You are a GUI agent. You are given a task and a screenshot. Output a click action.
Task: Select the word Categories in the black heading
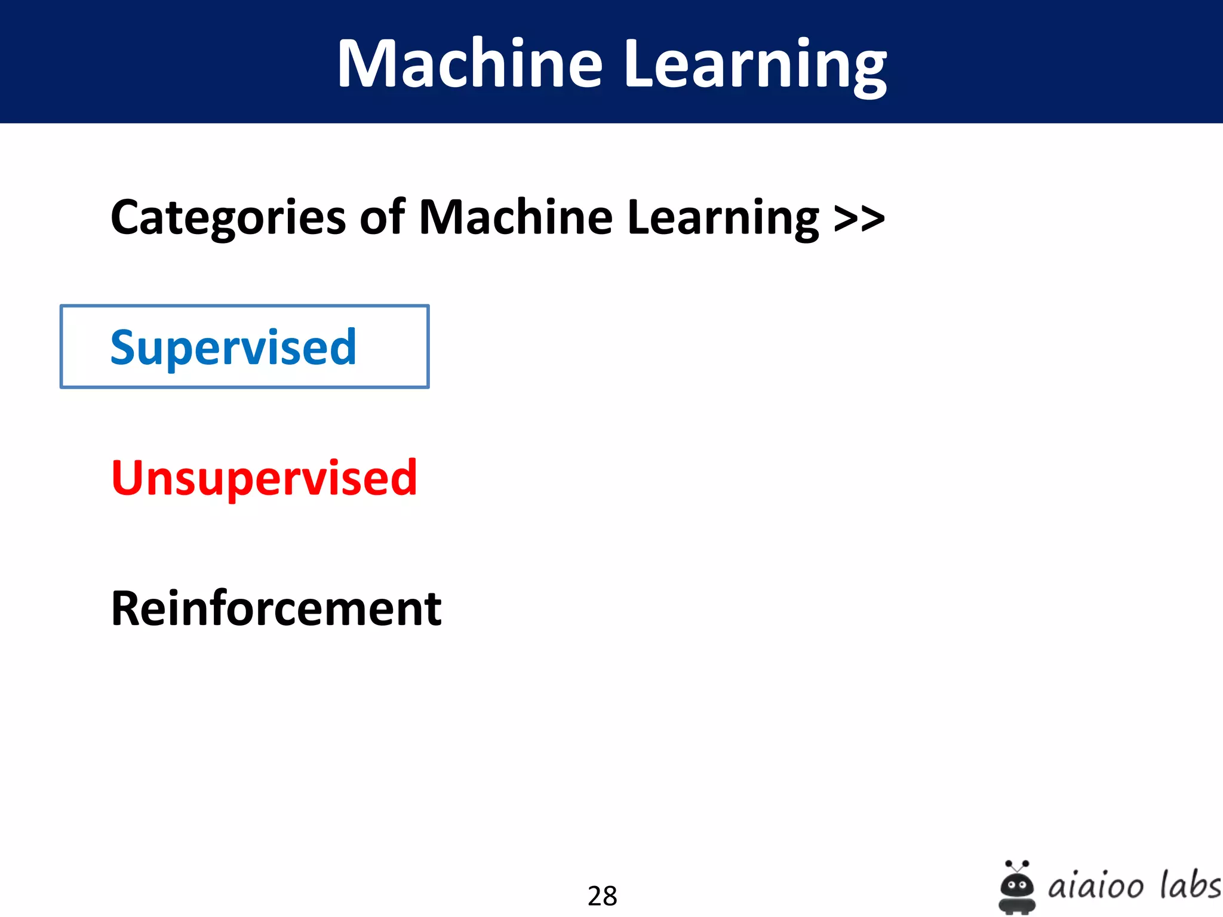pyautogui.click(x=228, y=218)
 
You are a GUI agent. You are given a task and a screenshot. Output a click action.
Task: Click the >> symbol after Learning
pyautogui.click(x=859, y=218)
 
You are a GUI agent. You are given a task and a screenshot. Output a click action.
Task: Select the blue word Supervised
pyautogui.click(x=233, y=347)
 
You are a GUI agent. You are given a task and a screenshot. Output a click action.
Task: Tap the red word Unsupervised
pyautogui.click(x=264, y=478)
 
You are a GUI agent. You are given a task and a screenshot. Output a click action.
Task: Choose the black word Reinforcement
pyautogui.click(x=276, y=608)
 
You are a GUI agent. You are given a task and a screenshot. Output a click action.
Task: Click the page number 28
pyautogui.click(x=602, y=896)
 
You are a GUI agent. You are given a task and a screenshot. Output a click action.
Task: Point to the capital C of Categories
pyautogui.click(x=126, y=218)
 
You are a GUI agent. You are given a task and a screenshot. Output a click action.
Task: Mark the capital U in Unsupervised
pyautogui.click(x=128, y=478)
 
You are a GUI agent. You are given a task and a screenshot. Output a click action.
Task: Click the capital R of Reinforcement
pyautogui.click(x=127, y=608)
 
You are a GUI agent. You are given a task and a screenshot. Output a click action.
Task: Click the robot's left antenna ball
pyautogui.click(x=1008, y=863)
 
